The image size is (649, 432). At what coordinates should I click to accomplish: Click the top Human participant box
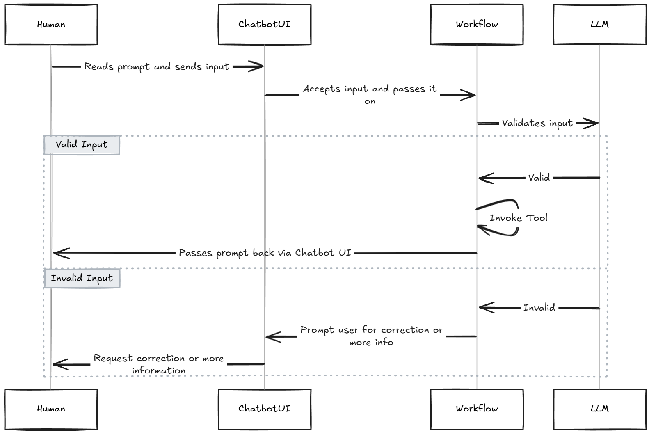click(51, 24)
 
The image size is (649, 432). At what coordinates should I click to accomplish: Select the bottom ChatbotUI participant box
click(264, 409)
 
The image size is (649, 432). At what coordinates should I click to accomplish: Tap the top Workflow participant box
click(477, 24)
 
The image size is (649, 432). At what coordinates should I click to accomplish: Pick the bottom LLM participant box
click(599, 409)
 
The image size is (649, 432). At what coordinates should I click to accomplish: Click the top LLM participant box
click(599, 24)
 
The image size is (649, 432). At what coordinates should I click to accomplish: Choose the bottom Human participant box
click(51, 409)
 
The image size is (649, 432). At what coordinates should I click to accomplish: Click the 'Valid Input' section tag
click(82, 145)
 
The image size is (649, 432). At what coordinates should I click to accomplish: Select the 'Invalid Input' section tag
click(82, 278)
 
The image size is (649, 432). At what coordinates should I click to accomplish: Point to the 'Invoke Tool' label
click(519, 218)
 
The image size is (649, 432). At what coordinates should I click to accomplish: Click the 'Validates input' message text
click(537, 123)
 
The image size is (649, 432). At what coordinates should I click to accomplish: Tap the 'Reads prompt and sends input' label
click(157, 66)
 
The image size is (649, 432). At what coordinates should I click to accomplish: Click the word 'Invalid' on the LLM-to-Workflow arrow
click(539, 307)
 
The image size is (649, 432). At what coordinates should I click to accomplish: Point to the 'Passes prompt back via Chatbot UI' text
click(265, 253)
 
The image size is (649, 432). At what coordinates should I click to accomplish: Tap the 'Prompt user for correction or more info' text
click(371, 336)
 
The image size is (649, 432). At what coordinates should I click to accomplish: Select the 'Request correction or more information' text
click(159, 364)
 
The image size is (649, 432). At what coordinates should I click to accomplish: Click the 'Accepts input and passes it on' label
click(370, 94)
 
